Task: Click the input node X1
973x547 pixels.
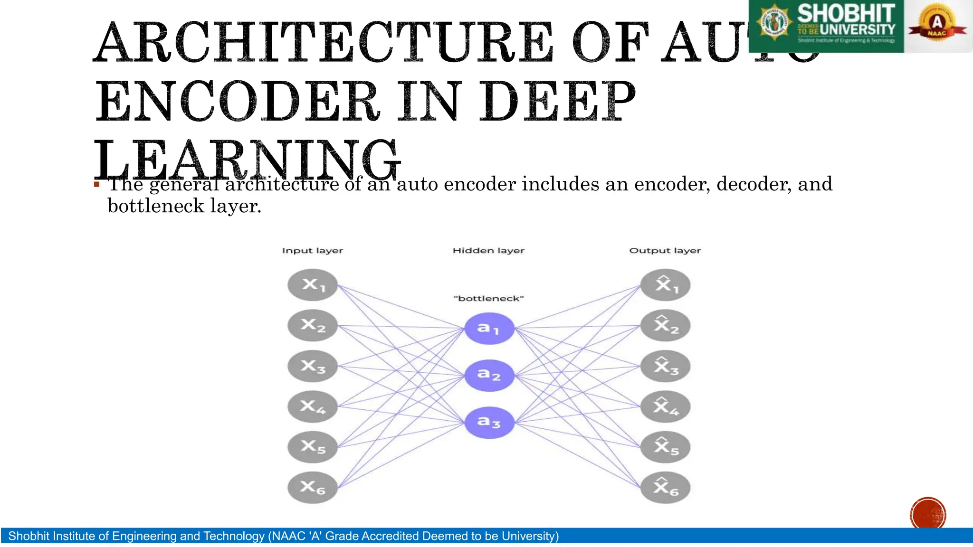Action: click(313, 285)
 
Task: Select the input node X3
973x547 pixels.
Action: click(313, 366)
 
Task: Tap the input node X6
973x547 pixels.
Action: click(313, 487)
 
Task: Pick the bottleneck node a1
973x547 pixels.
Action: click(489, 328)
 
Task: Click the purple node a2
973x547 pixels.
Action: click(489, 375)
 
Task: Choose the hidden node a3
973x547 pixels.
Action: click(489, 422)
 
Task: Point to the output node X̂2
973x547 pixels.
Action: click(665, 325)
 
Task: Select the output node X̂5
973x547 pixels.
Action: click(665, 447)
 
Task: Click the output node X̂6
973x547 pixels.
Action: click(665, 487)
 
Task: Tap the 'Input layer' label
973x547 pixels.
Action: click(312, 251)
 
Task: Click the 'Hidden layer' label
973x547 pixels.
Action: click(488, 251)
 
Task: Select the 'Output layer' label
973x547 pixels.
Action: click(665, 251)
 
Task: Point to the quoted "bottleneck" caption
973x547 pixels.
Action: click(488, 299)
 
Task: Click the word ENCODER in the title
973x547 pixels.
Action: click(238, 101)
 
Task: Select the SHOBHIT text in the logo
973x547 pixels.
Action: click(846, 13)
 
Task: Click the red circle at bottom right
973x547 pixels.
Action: click(928, 514)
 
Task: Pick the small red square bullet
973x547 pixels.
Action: click(97, 184)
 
